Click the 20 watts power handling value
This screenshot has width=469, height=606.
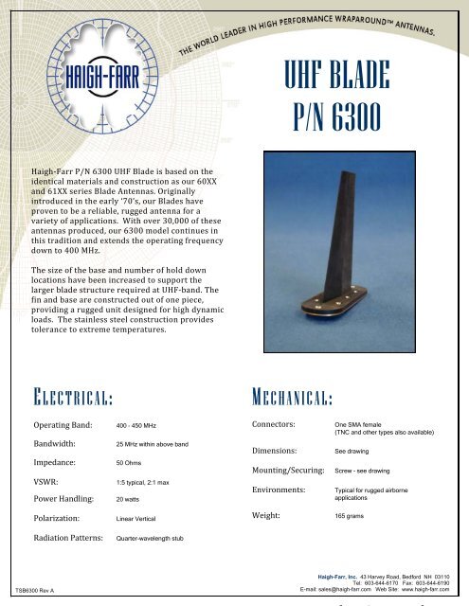pyautogui.click(x=128, y=498)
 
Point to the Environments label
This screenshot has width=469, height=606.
pyautogui.click(x=281, y=491)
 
